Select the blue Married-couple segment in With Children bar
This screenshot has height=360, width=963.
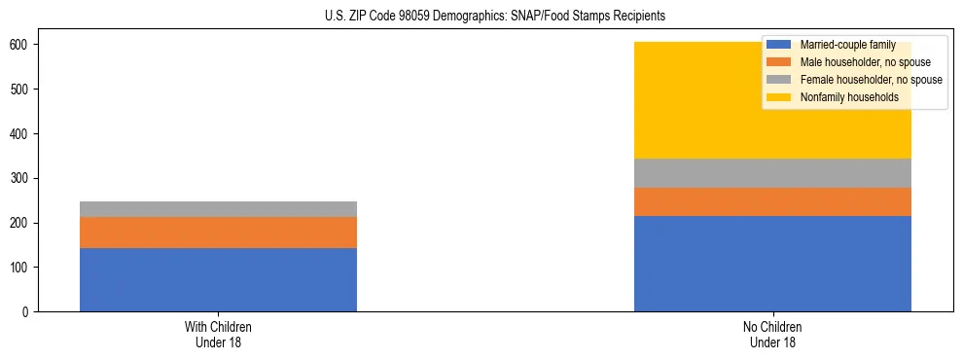218,279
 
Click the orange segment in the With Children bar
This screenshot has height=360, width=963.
218,233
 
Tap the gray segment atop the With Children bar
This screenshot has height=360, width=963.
218,209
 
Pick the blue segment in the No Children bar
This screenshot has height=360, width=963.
772,264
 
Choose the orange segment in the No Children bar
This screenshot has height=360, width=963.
772,201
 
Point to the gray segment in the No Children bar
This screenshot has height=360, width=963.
772,173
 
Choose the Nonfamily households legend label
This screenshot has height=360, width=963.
849,97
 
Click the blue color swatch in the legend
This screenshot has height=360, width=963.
780,45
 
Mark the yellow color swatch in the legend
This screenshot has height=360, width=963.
780,97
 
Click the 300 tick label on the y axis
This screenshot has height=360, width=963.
22,178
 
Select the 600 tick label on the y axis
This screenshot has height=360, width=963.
22,45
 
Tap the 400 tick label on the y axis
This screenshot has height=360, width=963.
22,134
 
